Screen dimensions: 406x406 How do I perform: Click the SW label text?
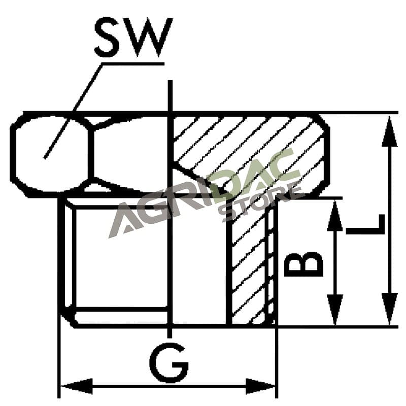(x=133, y=37)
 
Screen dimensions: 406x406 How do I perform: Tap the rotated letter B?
(x=303, y=264)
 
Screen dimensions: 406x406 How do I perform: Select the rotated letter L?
(x=365, y=224)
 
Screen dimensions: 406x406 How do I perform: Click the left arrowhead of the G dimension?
(x=77, y=386)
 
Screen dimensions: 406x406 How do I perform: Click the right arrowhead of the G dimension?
(x=260, y=386)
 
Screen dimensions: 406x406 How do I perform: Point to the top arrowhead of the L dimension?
(x=389, y=131)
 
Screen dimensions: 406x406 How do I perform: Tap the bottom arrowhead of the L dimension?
(x=389, y=309)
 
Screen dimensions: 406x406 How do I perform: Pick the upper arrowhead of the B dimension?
(x=335, y=216)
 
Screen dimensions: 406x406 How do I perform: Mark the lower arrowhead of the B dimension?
(x=335, y=310)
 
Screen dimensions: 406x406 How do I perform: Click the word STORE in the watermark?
(x=261, y=202)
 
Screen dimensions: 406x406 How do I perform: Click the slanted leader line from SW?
(x=73, y=111)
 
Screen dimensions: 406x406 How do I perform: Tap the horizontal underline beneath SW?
(x=133, y=63)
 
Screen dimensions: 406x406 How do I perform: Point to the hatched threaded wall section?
(x=249, y=261)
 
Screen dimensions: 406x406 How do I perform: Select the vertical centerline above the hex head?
(x=170, y=96)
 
